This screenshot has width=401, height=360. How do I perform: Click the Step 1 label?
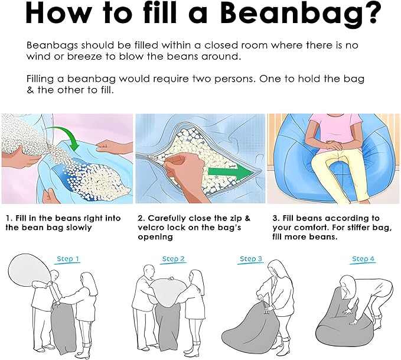(x=68, y=259)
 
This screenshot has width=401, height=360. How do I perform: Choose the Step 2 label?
(x=174, y=259)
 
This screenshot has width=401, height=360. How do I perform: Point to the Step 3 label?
(x=251, y=259)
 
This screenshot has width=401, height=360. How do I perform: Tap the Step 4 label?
(x=363, y=259)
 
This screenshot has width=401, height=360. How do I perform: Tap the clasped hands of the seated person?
(x=331, y=145)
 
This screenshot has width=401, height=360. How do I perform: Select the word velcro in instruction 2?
(x=151, y=228)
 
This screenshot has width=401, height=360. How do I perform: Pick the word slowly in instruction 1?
(x=79, y=228)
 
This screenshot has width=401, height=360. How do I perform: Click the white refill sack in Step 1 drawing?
(x=30, y=270)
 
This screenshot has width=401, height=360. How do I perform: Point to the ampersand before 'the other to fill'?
(x=30, y=90)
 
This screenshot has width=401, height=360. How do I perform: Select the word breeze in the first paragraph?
(x=84, y=56)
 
